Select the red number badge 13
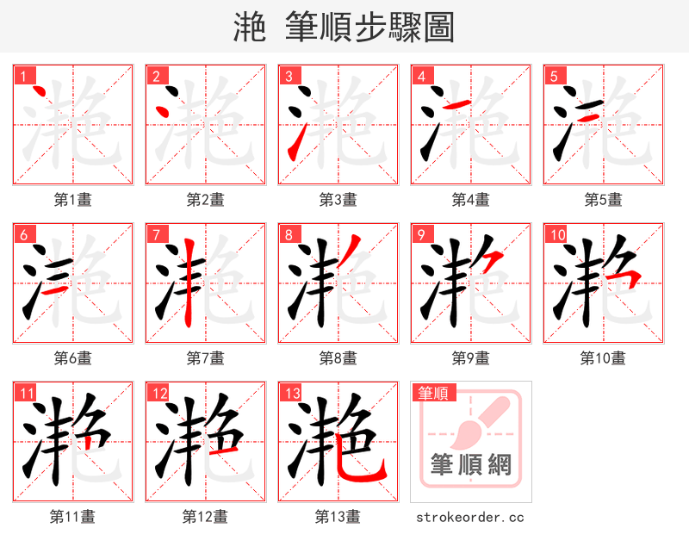290,394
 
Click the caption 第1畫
73,200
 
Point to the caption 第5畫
603,200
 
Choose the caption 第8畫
338,358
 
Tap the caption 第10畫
603,358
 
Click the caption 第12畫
205,517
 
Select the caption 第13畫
338,517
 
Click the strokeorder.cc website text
470,517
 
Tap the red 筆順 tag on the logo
431,394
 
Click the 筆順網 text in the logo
471,466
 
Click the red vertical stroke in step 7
187,284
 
